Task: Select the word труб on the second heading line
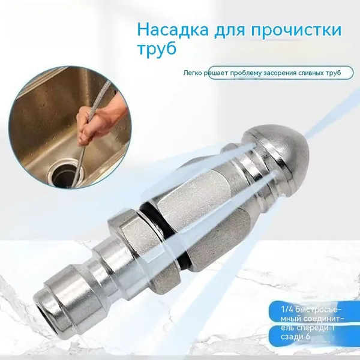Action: point(157,49)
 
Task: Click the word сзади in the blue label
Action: point(290,337)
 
